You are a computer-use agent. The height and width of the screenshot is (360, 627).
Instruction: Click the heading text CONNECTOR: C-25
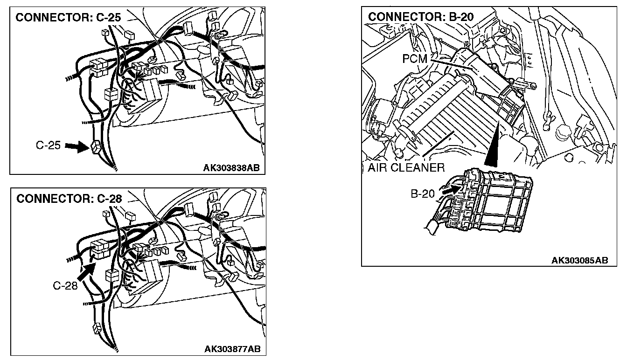pos(68,18)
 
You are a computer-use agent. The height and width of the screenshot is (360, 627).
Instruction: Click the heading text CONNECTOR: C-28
pos(69,198)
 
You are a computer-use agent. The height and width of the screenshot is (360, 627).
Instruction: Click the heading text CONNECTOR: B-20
pos(421,17)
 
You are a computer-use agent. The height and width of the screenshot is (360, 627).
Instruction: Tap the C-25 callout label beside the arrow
pos(48,146)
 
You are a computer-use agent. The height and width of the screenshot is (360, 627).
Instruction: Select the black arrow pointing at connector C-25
pos(76,147)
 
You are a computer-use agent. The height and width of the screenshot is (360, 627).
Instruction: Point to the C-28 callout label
pos(65,285)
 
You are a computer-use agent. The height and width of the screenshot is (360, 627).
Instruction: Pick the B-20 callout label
pos(423,194)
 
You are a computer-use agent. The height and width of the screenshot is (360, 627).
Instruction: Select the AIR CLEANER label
pos(406,167)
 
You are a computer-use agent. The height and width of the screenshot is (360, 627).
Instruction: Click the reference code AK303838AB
pos(231,168)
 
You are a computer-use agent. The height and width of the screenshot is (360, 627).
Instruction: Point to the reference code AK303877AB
pos(232,349)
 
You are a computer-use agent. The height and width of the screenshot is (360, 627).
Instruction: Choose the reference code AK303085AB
pos(579,260)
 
